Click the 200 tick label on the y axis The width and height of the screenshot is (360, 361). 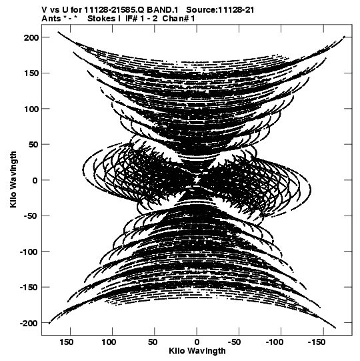click(31, 37)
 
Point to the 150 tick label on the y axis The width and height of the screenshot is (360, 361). click(31, 73)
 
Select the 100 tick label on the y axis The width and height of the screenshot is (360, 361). click(31, 109)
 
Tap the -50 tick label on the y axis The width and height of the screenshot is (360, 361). click(29, 216)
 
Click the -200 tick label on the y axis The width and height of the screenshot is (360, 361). click(29, 323)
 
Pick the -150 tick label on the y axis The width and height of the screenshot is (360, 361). click(29, 288)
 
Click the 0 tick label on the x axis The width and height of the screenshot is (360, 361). click(197, 342)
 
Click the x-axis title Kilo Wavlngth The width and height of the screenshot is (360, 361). click(197, 351)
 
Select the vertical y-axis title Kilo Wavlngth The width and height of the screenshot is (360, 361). click(13, 179)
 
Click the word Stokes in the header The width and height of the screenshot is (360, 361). click(101, 19)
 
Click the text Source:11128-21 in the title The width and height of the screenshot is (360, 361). click(220, 10)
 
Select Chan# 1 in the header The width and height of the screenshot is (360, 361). click(179, 19)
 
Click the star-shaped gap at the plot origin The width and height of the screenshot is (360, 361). click(197, 179)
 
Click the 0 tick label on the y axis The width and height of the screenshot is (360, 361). click(35, 180)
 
